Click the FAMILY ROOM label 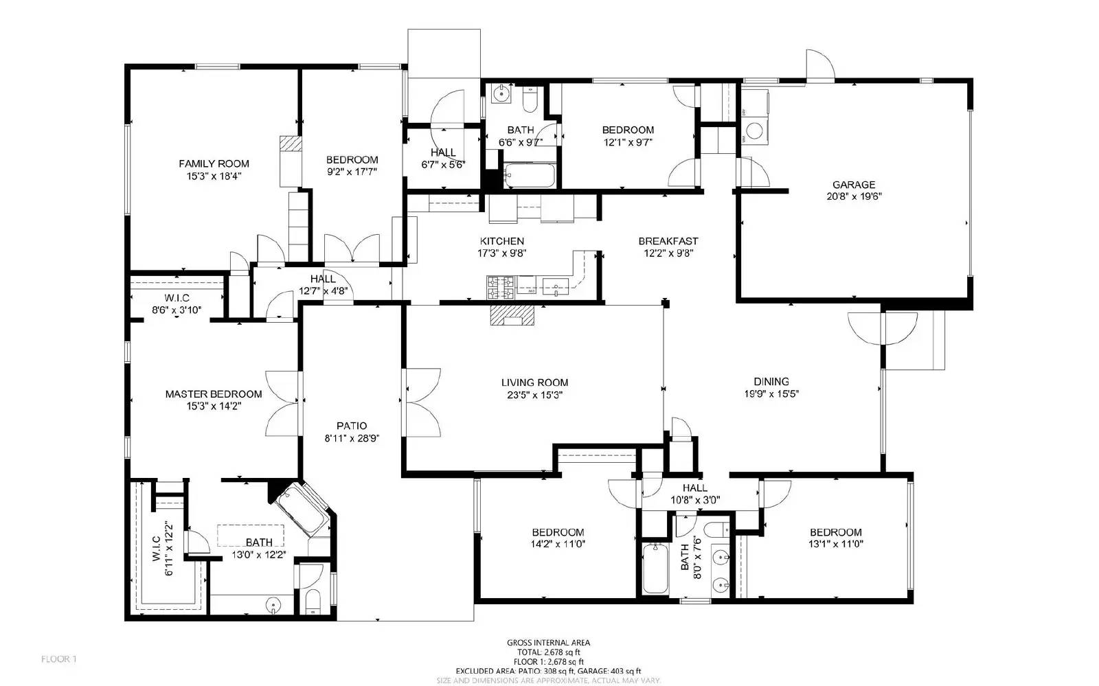[x=214, y=163]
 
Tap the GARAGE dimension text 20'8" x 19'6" [x=854, y=196]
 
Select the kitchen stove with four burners [x=501, y=287]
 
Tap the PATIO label [x=351, y=426]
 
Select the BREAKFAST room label [x=668, y=241]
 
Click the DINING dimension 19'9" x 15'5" [x=771, y=394]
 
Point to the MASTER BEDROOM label [x=214, y=394]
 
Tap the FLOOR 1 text [x=58, y=659]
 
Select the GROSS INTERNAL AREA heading [x=548, y=643]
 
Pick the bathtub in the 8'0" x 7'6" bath [x=655, y=569]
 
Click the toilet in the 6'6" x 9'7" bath [x=530, y=100]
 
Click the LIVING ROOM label [x=534, y=382]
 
